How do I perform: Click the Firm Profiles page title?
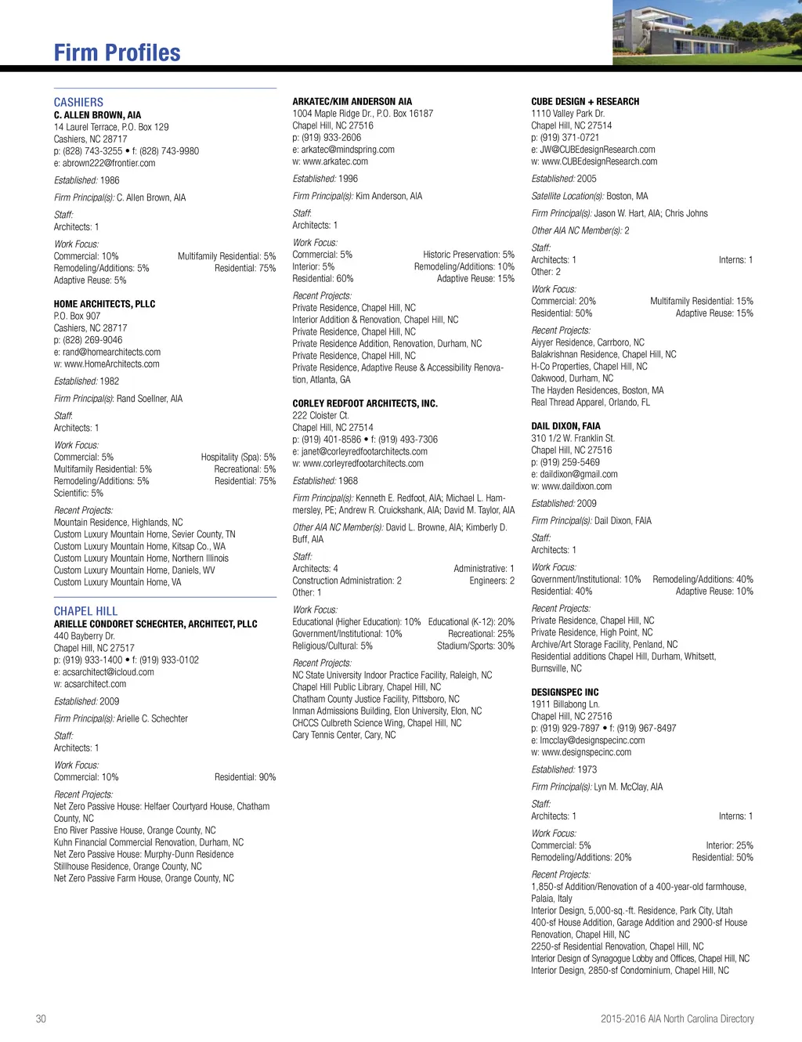tap(117, 52)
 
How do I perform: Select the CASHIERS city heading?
tap(78, 102)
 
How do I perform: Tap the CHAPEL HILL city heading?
tap(85, 611)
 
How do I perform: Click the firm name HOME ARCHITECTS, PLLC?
tap(104, 304)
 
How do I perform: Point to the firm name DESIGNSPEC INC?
tap(565, 693)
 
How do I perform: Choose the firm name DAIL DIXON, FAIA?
tap(565, 426)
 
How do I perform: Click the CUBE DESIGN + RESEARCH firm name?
tap(585, 102)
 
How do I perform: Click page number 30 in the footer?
tap(41, 1018)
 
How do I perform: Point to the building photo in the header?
tap(706, 32)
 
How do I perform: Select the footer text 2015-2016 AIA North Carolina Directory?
tap(677, 1018)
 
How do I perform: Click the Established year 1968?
tap(348, 481)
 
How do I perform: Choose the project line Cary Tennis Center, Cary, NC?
tap(344, 735)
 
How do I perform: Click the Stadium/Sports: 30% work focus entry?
tap(475, 646)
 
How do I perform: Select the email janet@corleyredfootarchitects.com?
tap(364, 451)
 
